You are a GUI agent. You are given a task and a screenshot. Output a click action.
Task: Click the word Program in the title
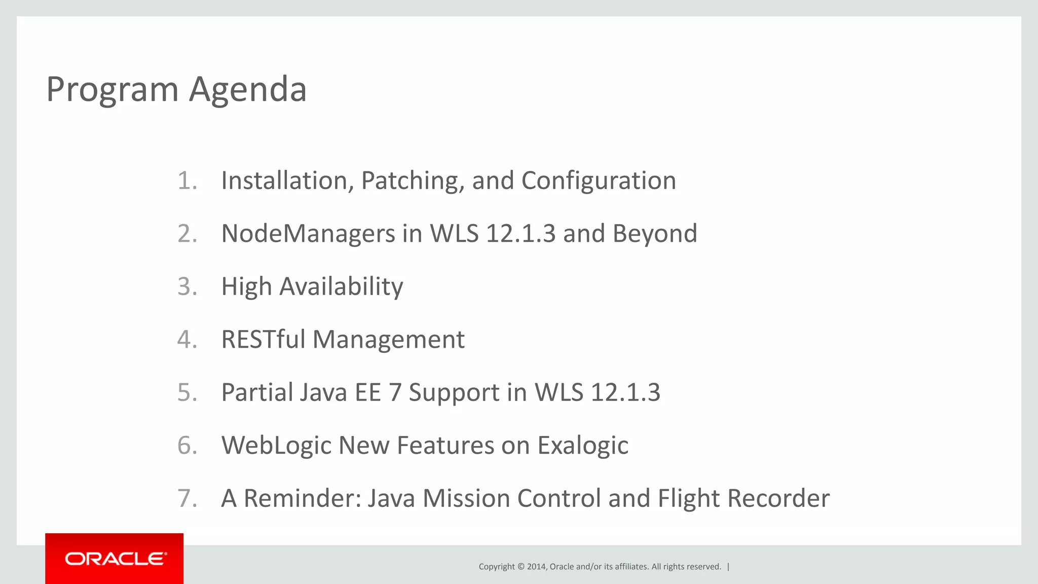pos(112,90)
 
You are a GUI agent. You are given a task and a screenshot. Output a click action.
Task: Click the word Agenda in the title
pos(248,90)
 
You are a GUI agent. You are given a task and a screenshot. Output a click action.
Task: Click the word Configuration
pos(599,181)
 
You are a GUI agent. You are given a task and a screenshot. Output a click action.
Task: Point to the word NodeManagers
pos(308,234)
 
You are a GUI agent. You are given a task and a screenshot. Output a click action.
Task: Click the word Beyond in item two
pos(655,234)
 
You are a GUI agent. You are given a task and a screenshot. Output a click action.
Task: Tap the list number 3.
pos(187,287)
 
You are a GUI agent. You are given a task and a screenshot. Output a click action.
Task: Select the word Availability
pos(341,287)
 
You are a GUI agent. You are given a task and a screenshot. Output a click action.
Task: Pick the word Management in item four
pos(388,340)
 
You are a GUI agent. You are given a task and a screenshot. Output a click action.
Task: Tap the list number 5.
pos(187,393)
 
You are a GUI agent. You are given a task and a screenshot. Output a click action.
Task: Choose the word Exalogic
pos(583,446)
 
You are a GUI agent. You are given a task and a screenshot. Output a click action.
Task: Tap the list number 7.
pos(187,498)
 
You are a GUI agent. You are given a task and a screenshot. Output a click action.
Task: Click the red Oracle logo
pos(115,559)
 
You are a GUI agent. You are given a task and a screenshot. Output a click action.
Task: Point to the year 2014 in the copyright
pos(536,567)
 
